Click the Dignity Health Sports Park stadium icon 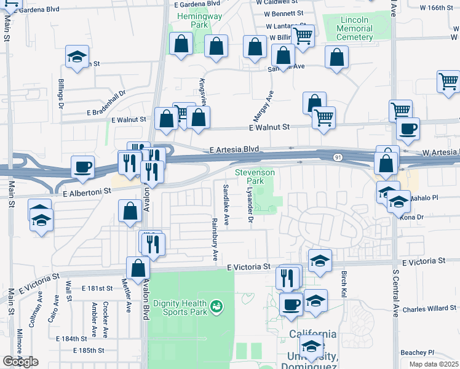pyautogui.click(x=216, y=306)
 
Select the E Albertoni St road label pyautogui.click(x=86, y=191)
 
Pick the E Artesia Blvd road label pyautogui.click(x=234, y=150)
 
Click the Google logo pyautogui.click(x=20, y=362)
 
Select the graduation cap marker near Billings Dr pyautogui.click(x=77, y=57)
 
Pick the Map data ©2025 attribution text pyautogui.click(x=434, y=364)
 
